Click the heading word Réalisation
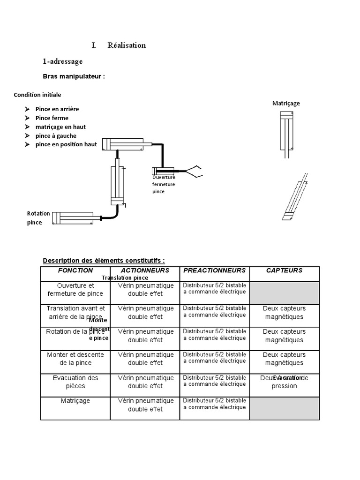pos(127,45)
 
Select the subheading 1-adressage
pos(62,61)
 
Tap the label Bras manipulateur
pos(74,76)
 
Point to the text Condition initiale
pos(37,95)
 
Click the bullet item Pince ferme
pos(52,118)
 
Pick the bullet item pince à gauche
pos(56,136)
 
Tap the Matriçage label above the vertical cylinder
pos(286,103)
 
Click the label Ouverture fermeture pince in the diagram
pos(164,184)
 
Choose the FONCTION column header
pos(75,270)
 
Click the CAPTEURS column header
pos(284,270)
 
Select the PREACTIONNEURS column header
pos(214,270)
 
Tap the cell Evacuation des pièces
pos(75,382)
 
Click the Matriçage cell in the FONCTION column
pos(75,401)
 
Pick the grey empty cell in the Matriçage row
pos(284,408)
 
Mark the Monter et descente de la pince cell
pos(75,359)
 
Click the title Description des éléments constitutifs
pos(104,261)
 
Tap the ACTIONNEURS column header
pos(145,270)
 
